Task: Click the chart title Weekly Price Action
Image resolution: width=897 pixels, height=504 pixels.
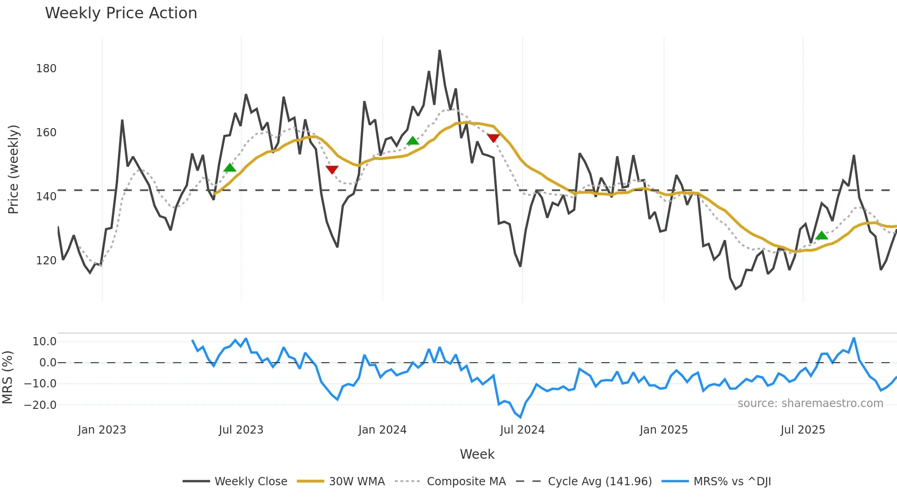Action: (121, 13)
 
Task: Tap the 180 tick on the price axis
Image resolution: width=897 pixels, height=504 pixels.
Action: (46, 69)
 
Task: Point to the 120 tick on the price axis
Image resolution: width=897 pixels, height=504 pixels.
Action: (46, 261)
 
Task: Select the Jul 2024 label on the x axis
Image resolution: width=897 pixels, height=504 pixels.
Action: (522, 430)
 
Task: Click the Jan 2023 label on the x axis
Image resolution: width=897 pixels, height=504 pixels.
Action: (102, 430)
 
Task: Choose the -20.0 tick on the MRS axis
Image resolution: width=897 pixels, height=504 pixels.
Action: (40, 405)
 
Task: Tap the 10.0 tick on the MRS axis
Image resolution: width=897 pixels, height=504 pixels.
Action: (44, 342)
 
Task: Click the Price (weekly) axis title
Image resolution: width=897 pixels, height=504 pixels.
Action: (14, 169)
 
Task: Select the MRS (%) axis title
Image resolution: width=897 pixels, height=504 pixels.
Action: (8, 377)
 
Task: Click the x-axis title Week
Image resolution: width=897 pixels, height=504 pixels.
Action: (477, 454)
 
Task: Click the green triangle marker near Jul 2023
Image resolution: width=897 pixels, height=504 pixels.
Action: (230, 168)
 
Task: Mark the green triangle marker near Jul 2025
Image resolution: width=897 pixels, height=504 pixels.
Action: (821, 236)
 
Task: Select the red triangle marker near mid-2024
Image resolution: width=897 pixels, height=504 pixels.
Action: (493, 138)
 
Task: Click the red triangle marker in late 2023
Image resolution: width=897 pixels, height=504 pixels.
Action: (332, 170)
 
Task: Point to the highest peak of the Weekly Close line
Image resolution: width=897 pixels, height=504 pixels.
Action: (439, 51)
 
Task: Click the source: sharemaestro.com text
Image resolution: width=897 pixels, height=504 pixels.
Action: (810, 403)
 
